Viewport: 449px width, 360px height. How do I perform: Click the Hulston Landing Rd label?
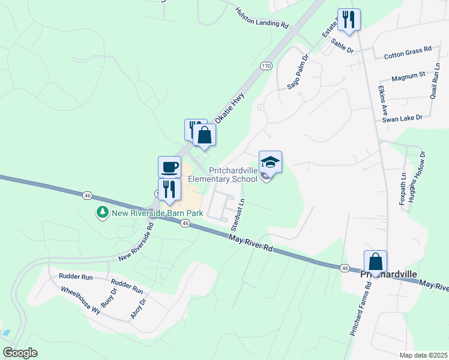[x=262, y=19]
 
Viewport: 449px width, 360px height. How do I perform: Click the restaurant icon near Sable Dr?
[x=348, y=20]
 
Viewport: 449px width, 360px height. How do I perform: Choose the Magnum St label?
[x=408, y=76]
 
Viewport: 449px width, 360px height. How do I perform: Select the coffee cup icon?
[x=169, y=166]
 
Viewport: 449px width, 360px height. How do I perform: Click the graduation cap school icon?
[x=270, y=161]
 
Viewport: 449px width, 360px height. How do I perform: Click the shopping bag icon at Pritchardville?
[x=375, y=262]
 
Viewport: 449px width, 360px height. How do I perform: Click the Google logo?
[x=20, y=353]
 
